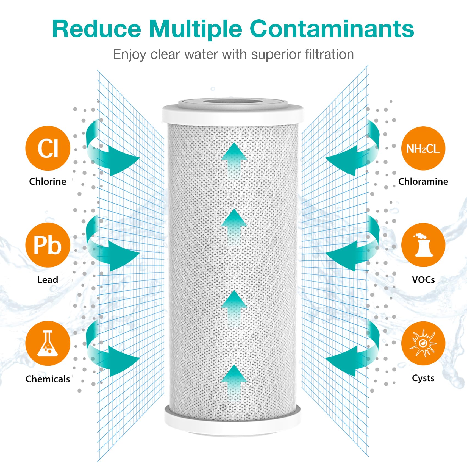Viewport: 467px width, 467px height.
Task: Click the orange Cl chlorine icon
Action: pos(48,148)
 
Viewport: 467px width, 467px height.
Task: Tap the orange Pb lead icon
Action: pos(48,245)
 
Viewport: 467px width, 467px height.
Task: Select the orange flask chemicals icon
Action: pos(48,343)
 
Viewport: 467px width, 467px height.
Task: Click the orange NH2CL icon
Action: pos(423,148)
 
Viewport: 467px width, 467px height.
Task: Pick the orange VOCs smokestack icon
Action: pos(423,245)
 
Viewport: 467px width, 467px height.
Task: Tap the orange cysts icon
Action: pos(423,343)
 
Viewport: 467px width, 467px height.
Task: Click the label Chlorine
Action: pos(48,181)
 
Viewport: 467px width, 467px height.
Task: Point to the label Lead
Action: pos(48,280)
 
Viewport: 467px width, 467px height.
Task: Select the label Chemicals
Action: pos(48,379)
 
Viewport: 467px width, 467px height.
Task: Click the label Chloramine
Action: pos(423,181)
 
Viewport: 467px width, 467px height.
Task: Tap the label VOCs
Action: pos(423,280)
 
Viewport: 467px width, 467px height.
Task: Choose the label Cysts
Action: pos(423,378)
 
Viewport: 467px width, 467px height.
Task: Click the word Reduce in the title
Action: pos(97,29)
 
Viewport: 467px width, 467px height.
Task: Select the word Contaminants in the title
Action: pos(332,29)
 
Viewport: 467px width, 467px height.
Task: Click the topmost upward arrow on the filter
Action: pos(234,159)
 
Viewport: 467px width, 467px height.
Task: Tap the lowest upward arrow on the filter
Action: pos(234,382)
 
